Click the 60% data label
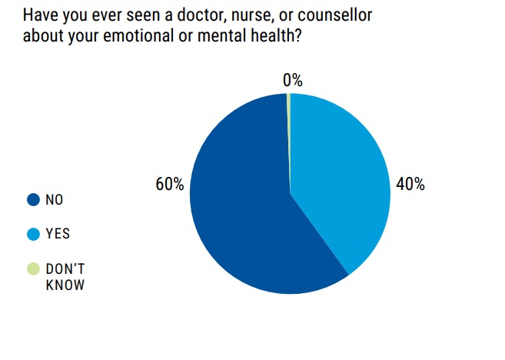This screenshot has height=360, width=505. pos(169,185)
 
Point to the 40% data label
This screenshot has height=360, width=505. pos(410,185)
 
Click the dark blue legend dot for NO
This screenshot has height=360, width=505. pos(33,200)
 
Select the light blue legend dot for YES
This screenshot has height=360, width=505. pos(33,234)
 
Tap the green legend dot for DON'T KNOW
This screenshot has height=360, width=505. pos(33,269)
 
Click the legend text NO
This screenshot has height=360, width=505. pos(55,200)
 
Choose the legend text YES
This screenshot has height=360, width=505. pos(58,234)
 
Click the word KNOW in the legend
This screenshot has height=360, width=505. pos(65,285)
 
